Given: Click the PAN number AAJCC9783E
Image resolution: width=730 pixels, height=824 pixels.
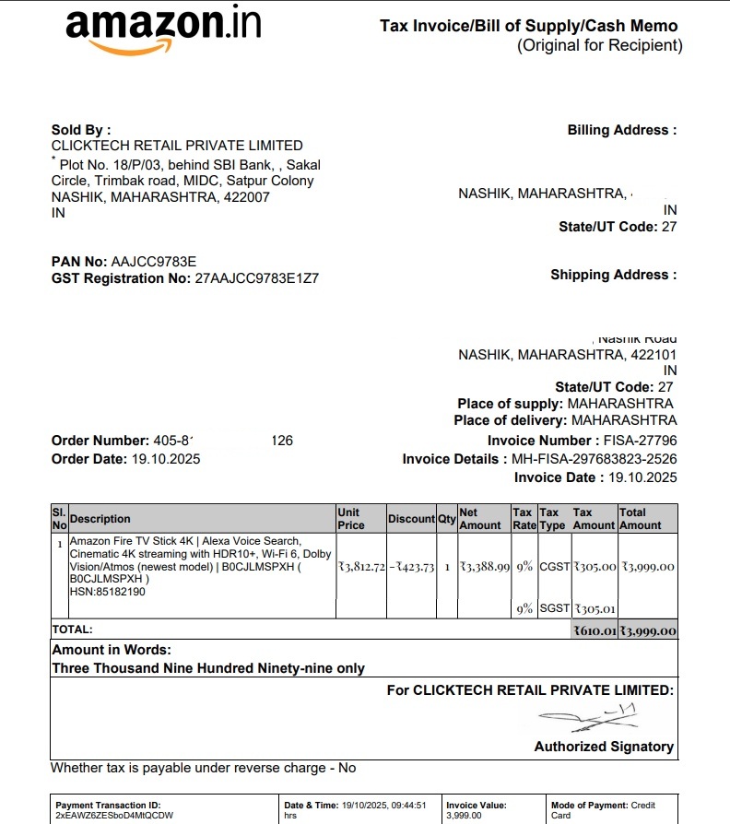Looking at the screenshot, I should (x=153, y=262).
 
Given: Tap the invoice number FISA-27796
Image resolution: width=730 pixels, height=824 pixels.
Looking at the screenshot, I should (x=640, y=441).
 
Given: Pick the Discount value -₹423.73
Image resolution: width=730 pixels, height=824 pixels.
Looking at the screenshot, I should (x=411, y=566).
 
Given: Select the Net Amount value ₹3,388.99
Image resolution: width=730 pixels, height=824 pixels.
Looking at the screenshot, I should (x=485, y=566).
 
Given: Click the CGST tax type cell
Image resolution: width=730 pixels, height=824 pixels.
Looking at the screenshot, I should (x=554, y=566).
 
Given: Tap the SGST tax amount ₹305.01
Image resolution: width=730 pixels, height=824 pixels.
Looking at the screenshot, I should (x=595, y=608).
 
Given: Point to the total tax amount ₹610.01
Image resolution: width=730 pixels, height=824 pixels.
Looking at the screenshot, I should (x=595, y=631).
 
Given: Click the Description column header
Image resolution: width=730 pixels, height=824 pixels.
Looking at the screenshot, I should (x=100, y=519).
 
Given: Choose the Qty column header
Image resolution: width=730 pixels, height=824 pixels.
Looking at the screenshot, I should (x=447, y=519).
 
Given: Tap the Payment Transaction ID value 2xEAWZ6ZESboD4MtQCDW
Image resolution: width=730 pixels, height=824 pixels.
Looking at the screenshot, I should (x=114, y=816).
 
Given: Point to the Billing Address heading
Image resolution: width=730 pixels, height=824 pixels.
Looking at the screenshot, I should (x=621, y=130).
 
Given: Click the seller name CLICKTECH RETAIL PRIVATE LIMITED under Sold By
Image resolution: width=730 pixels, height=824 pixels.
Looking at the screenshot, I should (x=177, y=146).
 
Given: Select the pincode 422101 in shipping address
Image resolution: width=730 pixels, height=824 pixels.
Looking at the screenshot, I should (x=653, y=355).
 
